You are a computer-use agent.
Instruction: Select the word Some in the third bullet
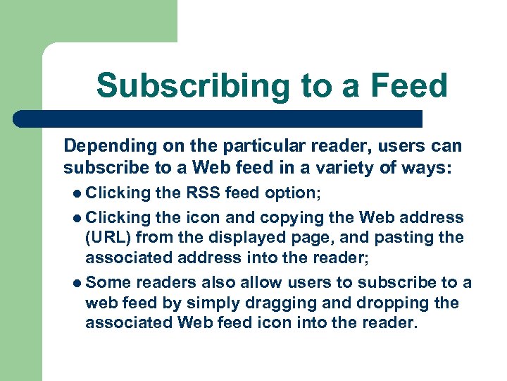pyautogui.click(x=108, y=282)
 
